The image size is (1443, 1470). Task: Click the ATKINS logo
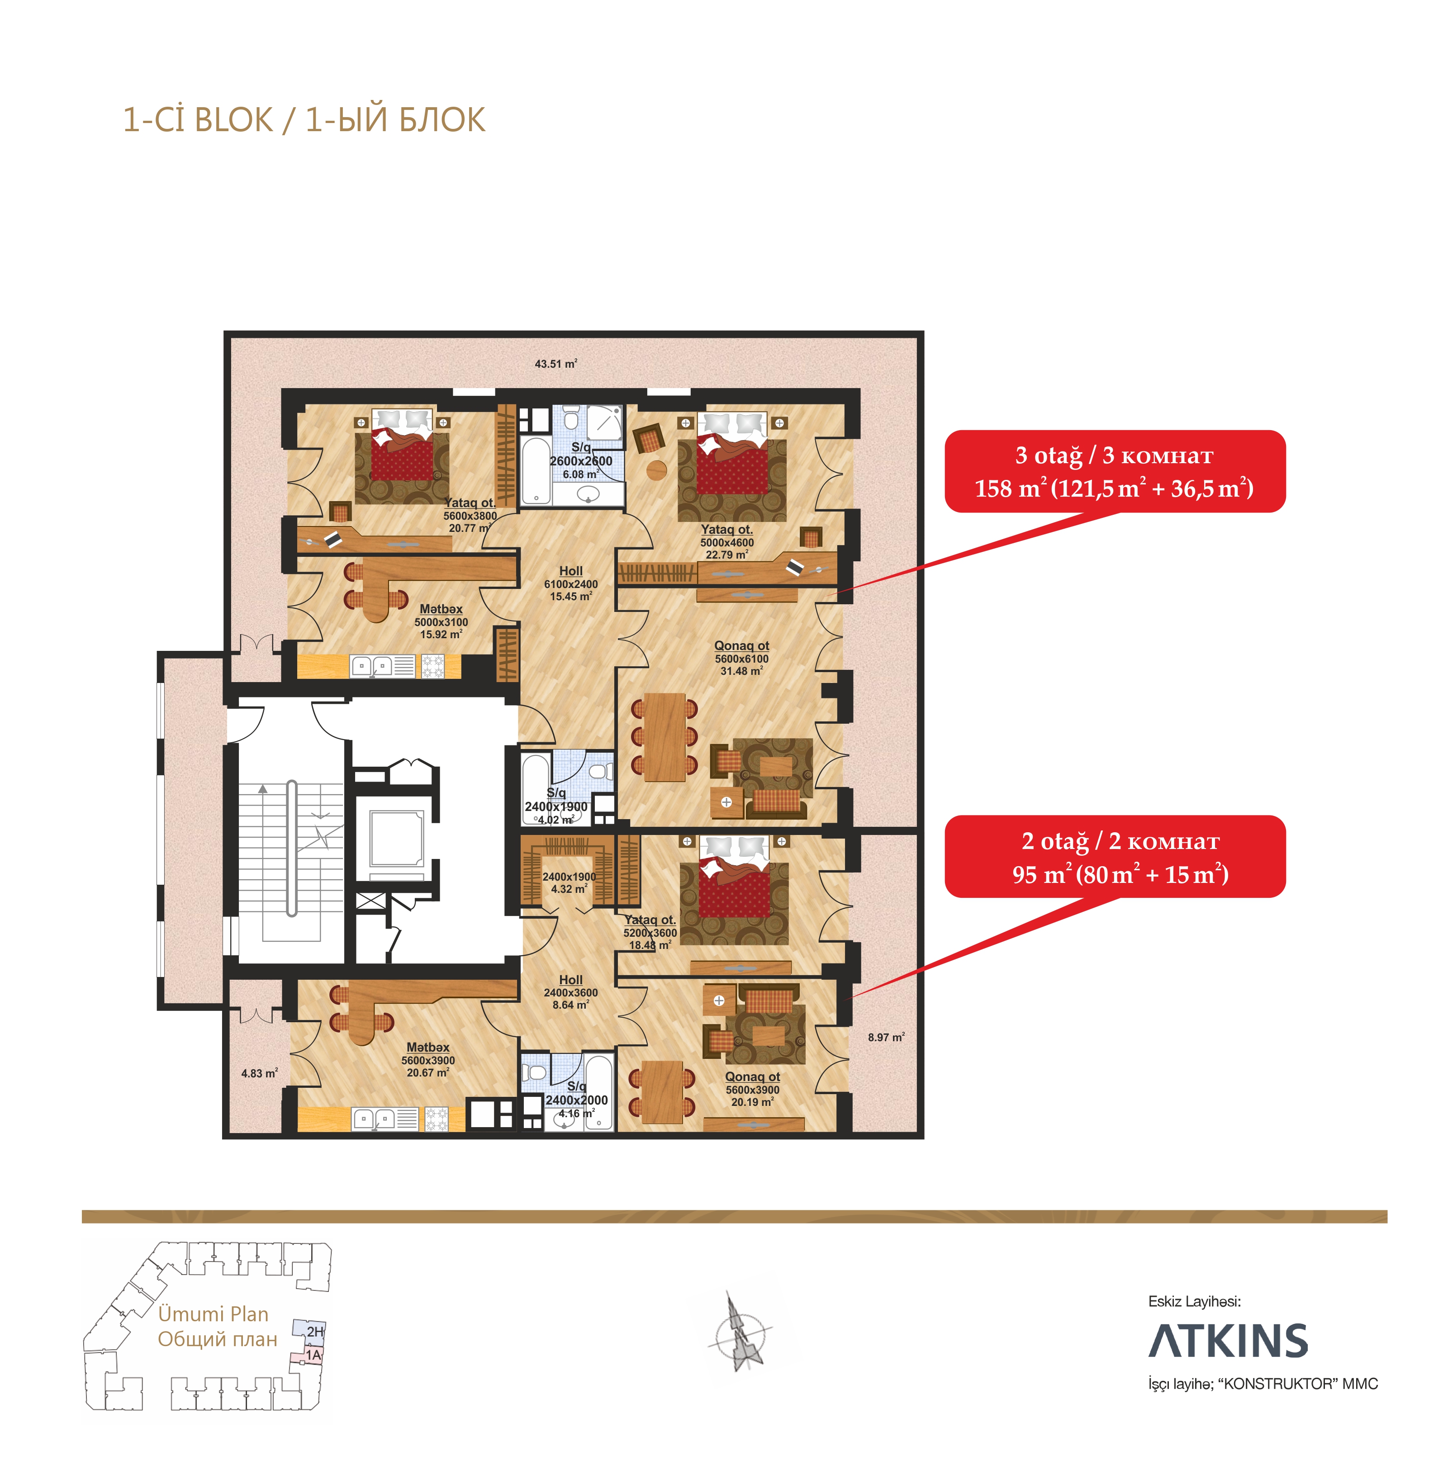coord(1228,1341)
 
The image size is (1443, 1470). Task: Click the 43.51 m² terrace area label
coord(555,364)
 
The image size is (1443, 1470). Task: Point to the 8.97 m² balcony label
coord(886,1037)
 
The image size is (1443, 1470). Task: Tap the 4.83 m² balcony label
coord(259,1073)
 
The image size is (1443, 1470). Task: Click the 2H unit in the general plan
coord(314,1331)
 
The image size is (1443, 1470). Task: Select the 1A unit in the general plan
coord(312,1355)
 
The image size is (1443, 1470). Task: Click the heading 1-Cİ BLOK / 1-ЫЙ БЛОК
coord(304,120)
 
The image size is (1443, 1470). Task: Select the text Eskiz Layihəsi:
coord(1194,1301)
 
